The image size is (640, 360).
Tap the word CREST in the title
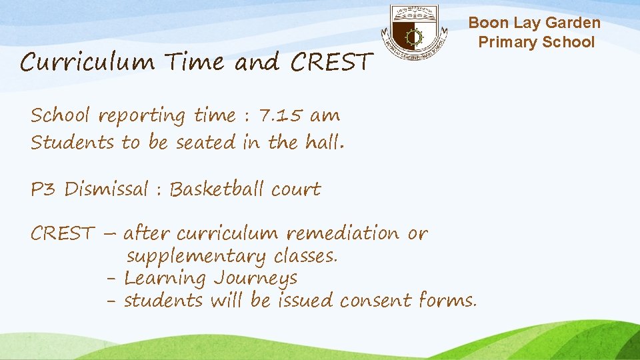coord(330,63)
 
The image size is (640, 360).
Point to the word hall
coord(323,142)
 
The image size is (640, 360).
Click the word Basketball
coord(217,189)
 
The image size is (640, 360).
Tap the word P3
coord(44,189)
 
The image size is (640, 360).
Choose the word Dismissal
coord(107,189)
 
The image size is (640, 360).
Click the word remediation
coord(343,233)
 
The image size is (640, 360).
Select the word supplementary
coord(196,257)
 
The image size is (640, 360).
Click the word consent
coord(376,301)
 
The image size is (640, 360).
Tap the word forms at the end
coord(447,301)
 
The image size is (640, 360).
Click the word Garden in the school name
coord(573,23)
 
